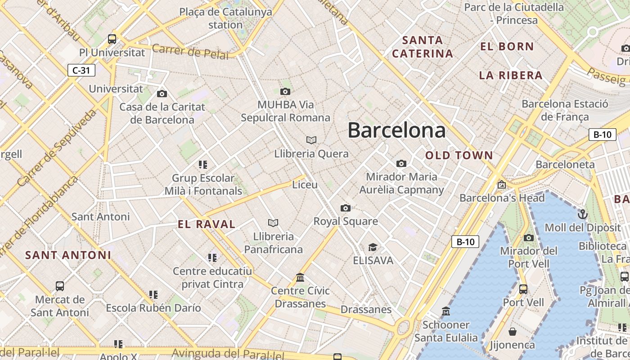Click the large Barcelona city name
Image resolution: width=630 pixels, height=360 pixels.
click(x=396, y=130)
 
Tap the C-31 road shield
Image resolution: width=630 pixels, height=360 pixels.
click(x=81, y=70)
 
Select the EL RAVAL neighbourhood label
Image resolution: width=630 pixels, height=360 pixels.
click(x=207, y=224)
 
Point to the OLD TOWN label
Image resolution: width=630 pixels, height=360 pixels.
click(x=459, y=156)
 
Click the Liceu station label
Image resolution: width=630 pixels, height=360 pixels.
click(x=305, y=184)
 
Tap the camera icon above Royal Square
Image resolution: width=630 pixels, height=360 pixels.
click(x=346, y=208)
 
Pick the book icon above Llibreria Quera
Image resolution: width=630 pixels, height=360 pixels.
click(x=311, y=140)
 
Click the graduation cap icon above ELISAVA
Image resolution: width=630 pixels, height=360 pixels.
click(x=373, y=247)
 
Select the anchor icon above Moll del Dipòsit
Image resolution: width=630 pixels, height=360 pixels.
click(x=583, y=214)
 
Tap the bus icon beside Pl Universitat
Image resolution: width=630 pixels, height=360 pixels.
click(x=112, y=39)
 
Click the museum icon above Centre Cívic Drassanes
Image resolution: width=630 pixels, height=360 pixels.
click(x=300, y=277)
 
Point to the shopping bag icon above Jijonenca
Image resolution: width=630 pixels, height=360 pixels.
click(x=512, y=332)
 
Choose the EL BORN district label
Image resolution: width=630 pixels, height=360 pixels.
click(x=507, y=46)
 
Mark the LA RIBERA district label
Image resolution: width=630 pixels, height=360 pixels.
click(x=511, y=75)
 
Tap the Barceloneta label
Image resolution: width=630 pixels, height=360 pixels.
click(x=565, y=164)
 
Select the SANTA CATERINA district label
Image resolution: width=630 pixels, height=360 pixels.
click(x=422, y=47)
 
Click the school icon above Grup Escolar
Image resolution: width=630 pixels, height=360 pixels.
click(x=203, y=165)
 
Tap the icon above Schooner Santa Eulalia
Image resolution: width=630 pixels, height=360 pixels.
click(x=446, y=311)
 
